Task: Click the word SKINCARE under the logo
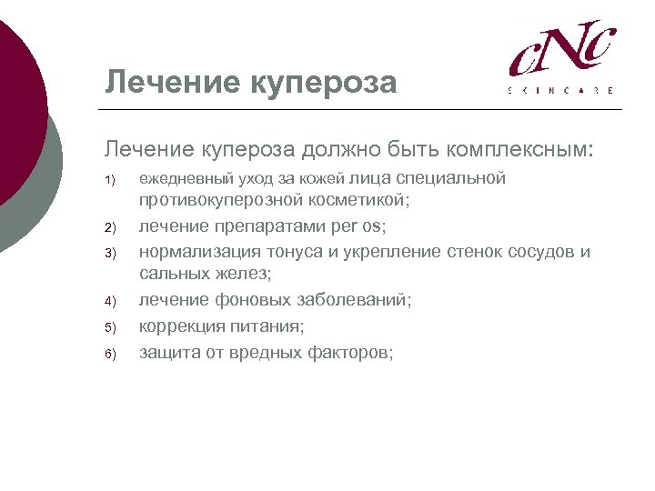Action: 560,91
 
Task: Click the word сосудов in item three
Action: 540,250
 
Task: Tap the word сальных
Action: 174,273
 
